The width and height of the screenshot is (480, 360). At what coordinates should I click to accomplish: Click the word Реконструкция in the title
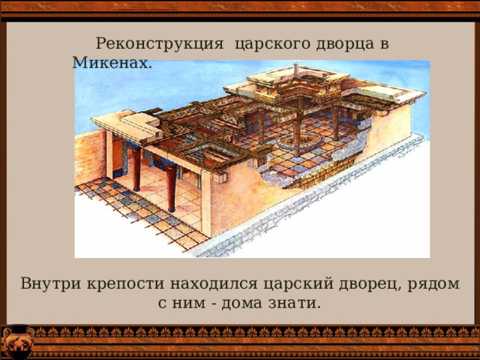[x=160, y=43]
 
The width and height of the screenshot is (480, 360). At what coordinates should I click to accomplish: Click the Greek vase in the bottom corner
[x=15, y=341]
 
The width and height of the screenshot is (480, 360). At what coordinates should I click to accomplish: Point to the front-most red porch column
[x=172, y=187]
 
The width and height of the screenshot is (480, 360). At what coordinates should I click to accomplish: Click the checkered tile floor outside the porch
[x=135, y=210]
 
